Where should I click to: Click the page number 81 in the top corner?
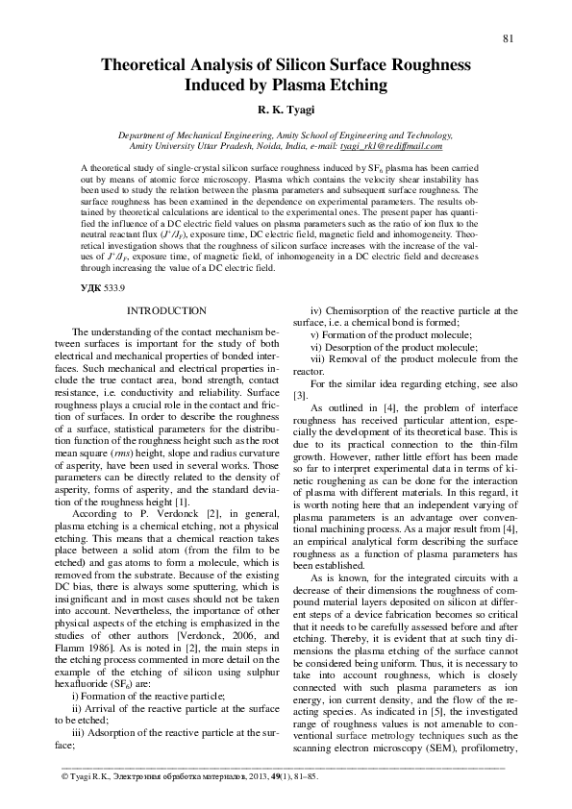510,37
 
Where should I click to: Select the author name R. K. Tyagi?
286,111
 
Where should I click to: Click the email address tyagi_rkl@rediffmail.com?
397,146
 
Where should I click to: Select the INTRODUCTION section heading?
166,311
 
